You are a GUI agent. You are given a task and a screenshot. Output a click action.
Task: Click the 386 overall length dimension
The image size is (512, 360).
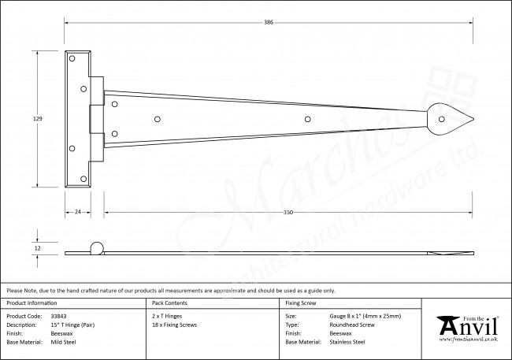click(269, 23)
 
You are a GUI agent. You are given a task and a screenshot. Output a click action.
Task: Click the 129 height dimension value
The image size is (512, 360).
click(38, 119)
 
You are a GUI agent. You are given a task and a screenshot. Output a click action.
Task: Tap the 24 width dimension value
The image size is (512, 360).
click(77, 212)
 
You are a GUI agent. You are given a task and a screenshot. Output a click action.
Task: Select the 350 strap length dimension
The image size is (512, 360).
click(288, 213)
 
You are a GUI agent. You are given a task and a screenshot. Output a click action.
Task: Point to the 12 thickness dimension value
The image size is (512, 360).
click(38, 248)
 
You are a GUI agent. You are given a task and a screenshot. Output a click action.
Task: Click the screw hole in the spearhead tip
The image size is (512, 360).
click(441, 119)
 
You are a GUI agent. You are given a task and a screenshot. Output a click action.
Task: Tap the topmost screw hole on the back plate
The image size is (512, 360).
click(72, 58)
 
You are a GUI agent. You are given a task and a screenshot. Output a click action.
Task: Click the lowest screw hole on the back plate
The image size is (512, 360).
click(83, 179)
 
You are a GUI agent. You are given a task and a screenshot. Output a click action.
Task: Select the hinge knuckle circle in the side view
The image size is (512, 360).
click(97, 248)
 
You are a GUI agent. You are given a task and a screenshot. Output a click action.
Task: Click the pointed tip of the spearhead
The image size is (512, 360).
click(473, 119)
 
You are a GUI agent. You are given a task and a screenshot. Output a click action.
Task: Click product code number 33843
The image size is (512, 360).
click(59, 316)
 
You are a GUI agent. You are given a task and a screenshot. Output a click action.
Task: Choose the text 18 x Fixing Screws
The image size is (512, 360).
click(174, 325)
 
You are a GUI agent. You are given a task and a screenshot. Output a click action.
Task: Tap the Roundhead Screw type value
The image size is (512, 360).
click(352, 325)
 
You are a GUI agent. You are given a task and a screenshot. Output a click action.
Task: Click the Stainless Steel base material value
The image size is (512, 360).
click(347, 342)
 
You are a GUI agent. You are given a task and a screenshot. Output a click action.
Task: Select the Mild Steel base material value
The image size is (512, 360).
click(63, 342)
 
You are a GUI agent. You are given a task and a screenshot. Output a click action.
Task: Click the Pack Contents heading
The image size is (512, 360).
click(169, 302)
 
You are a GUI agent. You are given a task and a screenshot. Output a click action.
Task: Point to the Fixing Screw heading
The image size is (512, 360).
click(301, 302)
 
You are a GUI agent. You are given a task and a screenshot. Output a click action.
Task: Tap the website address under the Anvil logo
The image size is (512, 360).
click(468, 340)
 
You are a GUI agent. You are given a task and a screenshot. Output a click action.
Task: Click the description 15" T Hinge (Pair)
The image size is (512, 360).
click(72, 325)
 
